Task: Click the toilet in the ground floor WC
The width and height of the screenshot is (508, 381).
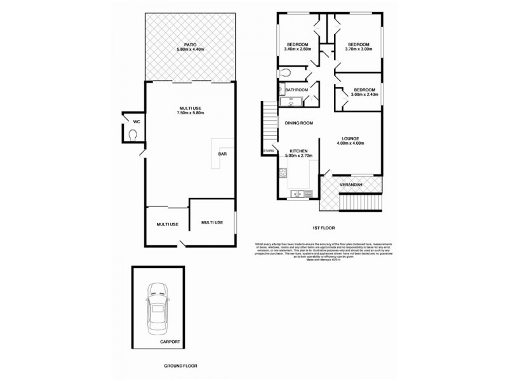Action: [x=133, y=135]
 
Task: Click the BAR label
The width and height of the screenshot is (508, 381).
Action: [x=223, y=154]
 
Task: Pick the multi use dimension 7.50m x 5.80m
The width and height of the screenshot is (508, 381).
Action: [x=190, y=113]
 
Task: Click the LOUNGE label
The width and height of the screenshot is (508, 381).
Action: [x=351, y=138]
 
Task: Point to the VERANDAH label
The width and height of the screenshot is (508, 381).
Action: [x=351, y=184]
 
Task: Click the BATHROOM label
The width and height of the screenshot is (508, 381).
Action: [x=297, y=90]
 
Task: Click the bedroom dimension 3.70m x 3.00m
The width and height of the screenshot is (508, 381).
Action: [x=358, y=50]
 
